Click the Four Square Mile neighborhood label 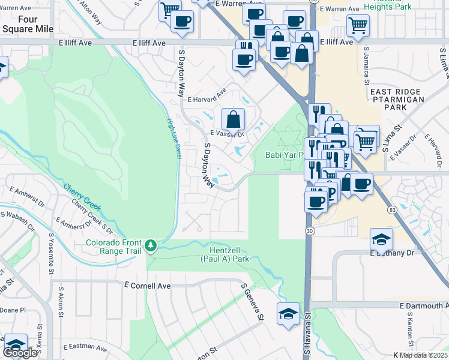28,24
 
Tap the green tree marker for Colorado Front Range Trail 151,245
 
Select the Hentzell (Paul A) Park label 224,255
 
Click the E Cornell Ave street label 147,286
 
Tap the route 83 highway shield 392,210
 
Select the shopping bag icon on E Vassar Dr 233,118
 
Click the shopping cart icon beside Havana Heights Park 358,25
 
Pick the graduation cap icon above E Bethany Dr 381,239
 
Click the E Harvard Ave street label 206,99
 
